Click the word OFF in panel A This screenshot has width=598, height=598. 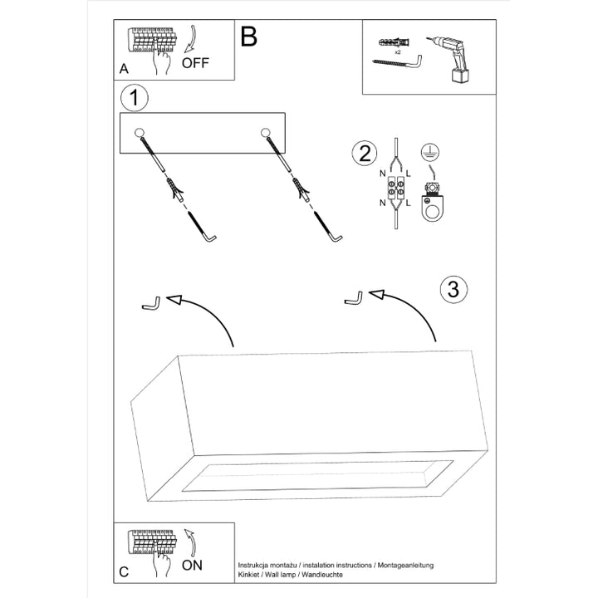[196, 62]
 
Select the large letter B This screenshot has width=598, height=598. [248, 37]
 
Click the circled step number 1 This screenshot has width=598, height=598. [134, 98]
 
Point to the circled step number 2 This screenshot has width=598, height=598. [363, 153]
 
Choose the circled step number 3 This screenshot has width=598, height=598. [452, 290]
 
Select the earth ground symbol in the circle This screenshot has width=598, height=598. [430, 150]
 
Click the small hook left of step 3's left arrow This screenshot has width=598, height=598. [150, 304]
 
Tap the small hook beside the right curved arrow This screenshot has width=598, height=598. [354, 297]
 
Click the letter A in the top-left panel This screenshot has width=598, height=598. [124, 70]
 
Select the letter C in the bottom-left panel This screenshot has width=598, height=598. [124, 572]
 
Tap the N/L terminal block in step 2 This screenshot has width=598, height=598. [395, 191]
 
